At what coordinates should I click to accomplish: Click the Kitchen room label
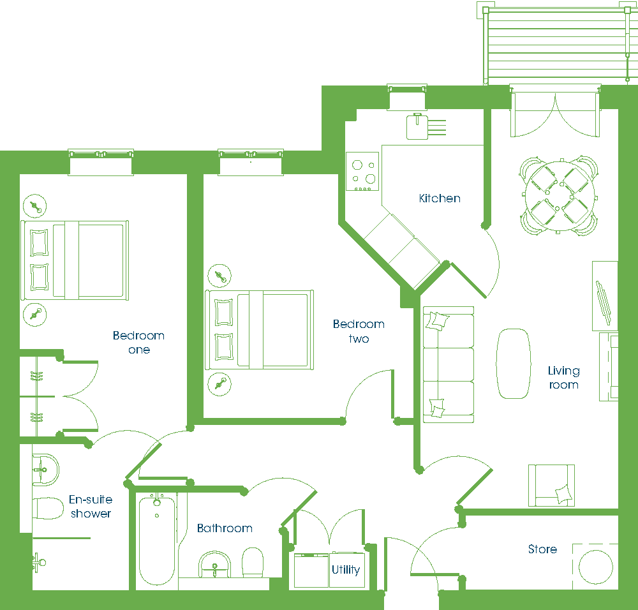[440, 198]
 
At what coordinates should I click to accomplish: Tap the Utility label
[345, 569]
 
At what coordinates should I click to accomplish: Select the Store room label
[542, 549]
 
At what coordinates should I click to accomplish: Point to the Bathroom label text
[225, 528]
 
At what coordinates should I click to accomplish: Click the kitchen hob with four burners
[362, 171]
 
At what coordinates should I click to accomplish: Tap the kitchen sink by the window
[417, 127]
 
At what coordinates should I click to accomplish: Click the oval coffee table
[514, 364]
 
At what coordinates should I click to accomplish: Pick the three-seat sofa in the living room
[449, 364]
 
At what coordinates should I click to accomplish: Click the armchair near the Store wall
[551, 486]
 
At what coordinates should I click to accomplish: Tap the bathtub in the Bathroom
[157, 539]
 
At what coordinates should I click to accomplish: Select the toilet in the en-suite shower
[48, 509]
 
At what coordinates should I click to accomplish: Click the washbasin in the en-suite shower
[45, 470]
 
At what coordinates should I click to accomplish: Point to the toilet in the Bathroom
[253, 562]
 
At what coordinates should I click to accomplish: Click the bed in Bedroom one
[75, 260]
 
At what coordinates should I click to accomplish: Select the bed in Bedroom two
[259, 330]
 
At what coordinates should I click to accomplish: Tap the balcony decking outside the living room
[556, 45]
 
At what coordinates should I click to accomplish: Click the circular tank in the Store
[596, 567]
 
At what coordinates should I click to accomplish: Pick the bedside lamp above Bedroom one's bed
[35, 206]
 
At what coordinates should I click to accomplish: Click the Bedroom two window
[251, 162]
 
